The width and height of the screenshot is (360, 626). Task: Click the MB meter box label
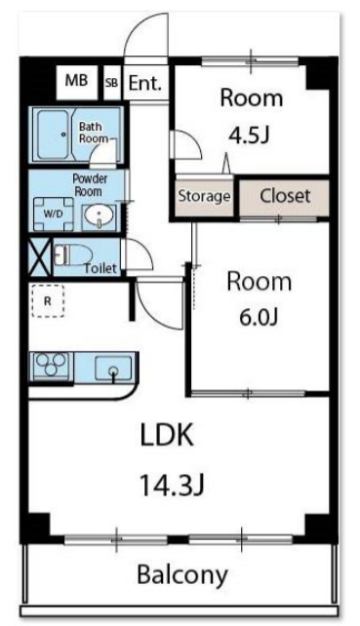coord(76,81)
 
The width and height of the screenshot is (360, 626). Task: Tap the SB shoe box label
coord(112,83)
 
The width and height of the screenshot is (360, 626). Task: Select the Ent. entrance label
coord(145,84)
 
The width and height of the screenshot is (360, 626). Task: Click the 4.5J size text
coord(249,136)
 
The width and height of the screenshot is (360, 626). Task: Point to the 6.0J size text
coord(259,318)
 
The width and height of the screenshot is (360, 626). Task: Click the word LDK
coord(167,435)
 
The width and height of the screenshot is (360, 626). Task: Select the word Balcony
coord(182,575)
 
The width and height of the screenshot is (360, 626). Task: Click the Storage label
coord(204,196)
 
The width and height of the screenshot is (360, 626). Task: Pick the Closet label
coord(285,196)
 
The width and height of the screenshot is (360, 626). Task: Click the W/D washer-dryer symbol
coord(53,214)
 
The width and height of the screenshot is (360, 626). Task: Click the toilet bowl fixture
coord(73,254)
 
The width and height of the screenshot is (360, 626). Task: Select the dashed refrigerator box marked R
coord(48,300)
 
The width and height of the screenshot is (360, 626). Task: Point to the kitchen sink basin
coord(113,369)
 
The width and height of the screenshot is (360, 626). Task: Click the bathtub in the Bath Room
coord(53,135)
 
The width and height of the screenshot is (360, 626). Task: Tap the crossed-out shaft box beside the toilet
coord(40,256)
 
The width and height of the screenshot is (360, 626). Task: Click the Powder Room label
coord(90,185)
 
